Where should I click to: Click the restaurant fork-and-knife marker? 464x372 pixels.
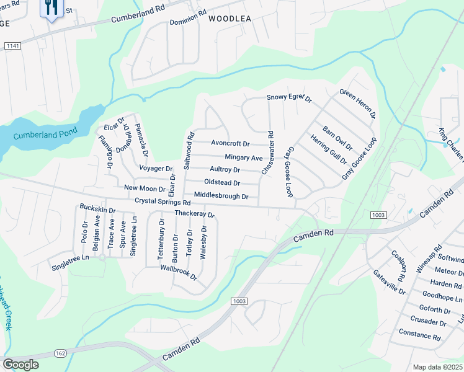(x=51, y=7)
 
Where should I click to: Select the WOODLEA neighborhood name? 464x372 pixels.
(x=230, y=19)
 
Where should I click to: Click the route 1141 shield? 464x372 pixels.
(x=12, y=46)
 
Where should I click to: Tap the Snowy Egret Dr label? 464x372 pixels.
(x=288, y=98)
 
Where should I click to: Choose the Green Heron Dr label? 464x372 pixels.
(x=358, y=104)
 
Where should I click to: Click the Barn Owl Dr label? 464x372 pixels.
(x=337, y=139)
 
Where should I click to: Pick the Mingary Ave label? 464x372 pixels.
(x=244, y=158)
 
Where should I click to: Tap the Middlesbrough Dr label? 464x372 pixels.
(x=221, y=196)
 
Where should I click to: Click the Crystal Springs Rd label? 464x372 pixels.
(x=162, y=202)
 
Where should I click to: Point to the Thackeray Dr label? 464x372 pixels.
(x=194, y=215)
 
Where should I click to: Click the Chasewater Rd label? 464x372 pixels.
(x=269, y=152)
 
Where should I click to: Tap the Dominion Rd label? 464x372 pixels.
(x=188, y=17)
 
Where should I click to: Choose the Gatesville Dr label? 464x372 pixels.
(x=389, y=282)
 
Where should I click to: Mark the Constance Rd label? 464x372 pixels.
(x=420, y=335)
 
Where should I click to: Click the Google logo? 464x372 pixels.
(x=20, y=364)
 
